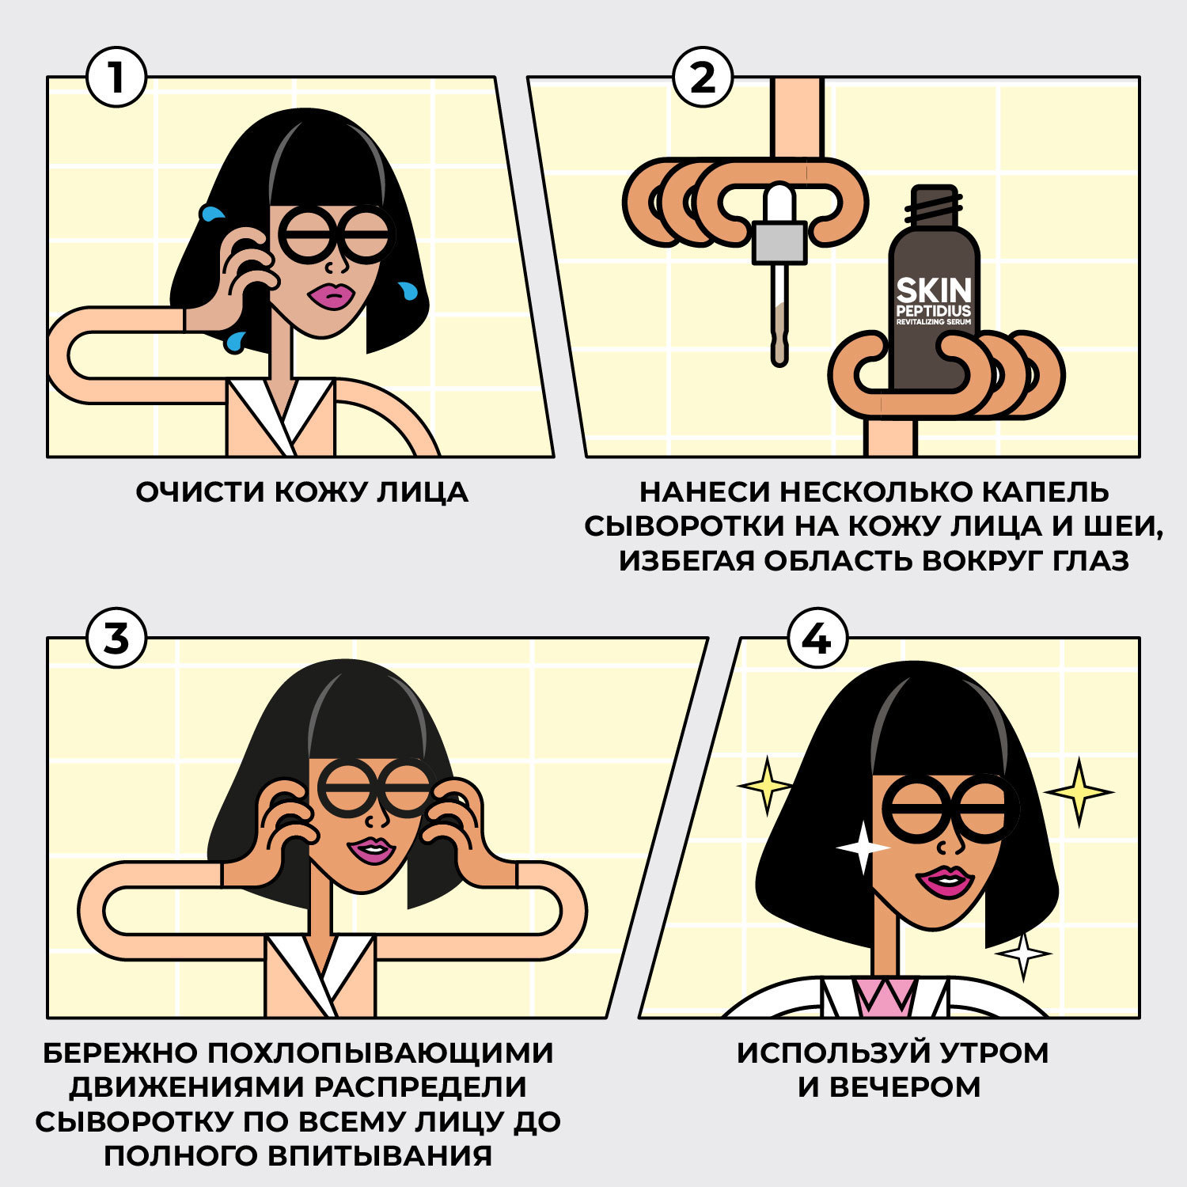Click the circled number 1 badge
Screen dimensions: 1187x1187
click(116, 78)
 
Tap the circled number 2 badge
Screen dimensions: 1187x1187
click(703, 78)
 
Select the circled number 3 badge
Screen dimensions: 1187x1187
click(116, 638)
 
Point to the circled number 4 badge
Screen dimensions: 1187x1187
click(817, 638)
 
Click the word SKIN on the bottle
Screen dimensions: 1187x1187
click(934, 290)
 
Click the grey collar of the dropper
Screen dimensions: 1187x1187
click(779, 243)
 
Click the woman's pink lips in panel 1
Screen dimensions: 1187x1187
click(332, 295)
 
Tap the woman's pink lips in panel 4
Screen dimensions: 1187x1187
click(944, 881)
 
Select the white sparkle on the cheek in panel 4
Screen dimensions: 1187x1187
click(863, 848)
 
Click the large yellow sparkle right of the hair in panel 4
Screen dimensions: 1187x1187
click(1079, 791)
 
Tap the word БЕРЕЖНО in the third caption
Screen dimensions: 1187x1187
click(119, 1053)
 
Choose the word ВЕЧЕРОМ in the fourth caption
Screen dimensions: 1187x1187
click(904, 1087)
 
